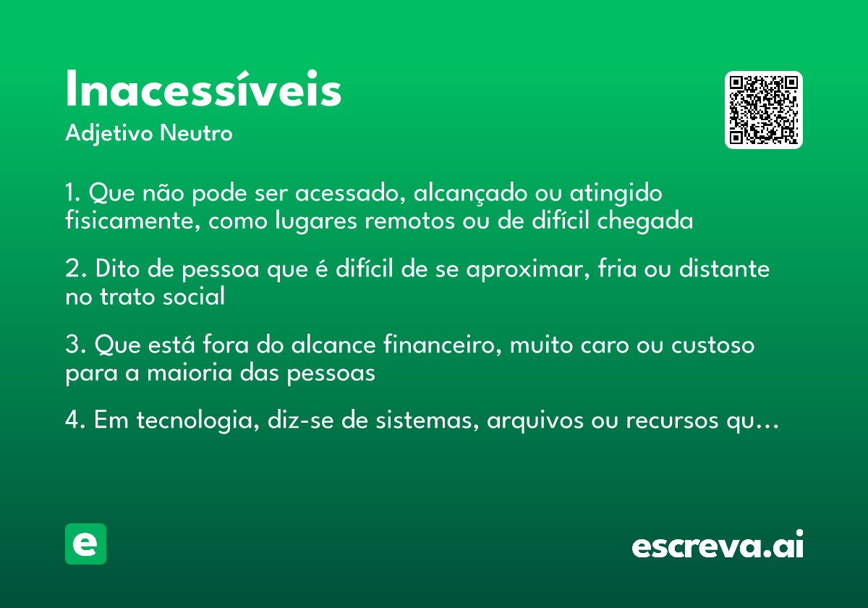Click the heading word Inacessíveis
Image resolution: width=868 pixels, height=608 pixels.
(x=203, y=90)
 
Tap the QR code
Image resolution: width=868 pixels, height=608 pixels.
(x=764, y=110)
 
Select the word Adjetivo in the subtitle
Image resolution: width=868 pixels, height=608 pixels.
(x=109, y=135)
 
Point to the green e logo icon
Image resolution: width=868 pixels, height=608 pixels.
(x=85, y=544)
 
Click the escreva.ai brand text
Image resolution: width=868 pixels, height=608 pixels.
(x=718, y=546)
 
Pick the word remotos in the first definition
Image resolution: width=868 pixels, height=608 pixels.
(x=412, y=221)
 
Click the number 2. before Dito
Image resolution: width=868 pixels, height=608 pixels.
(x=72, y=269)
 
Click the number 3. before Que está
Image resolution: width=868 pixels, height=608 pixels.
(x=72, y=345)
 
